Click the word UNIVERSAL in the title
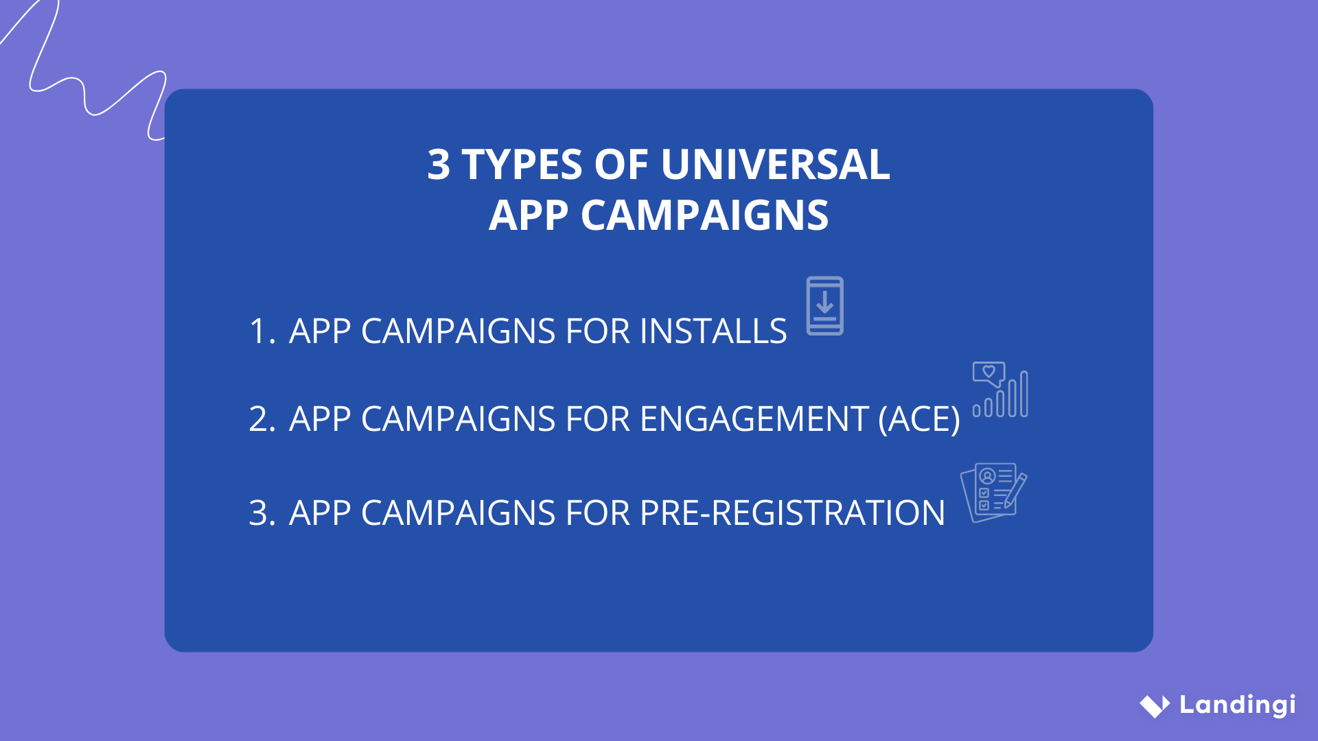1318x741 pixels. [775, 165]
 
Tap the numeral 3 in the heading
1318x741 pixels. [439, 165]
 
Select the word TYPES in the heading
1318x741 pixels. [522, 165]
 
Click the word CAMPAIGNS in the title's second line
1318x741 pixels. [705, 215]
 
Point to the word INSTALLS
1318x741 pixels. [713, 331]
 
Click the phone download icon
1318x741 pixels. [824, 306]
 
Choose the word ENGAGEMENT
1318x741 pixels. [754, 419]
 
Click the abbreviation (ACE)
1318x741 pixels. [919, 419]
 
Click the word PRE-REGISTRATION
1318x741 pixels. [792, 513]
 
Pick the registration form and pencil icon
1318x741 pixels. [993, 493]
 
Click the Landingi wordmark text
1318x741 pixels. [1237, 705]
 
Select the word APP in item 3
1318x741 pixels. [320, 513]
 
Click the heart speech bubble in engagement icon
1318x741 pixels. [988, 373]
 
